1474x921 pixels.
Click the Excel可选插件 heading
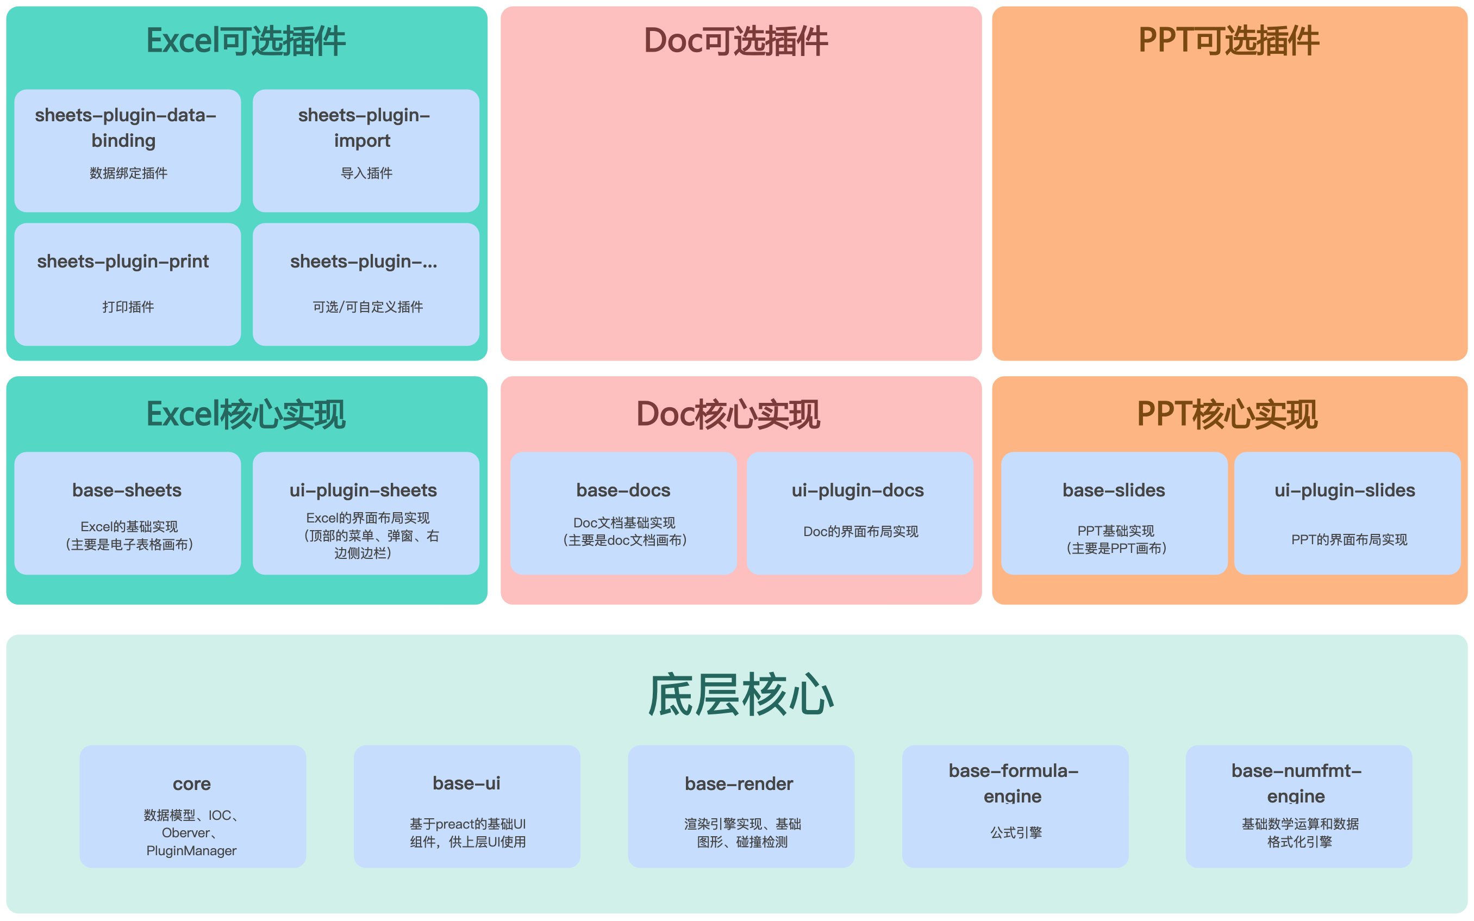(x=246, y=41)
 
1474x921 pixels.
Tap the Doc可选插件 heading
(x=735, y=41)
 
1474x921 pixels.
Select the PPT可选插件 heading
(x=1229, y=41)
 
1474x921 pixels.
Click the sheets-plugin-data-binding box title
(x=126, y=128)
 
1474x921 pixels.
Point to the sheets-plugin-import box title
(x=364, y=128)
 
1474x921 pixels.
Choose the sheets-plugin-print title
(x=123, y=262)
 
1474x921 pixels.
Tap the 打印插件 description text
(x=128, y=307)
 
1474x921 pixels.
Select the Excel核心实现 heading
(x=246, y=415)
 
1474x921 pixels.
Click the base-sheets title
(x=127, y=490)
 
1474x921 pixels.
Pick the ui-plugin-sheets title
(x=363, y=490)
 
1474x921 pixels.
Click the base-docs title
(x=623, y=490)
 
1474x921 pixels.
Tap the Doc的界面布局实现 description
(x=861, y=532)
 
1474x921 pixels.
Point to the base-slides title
(x=1114, y=490)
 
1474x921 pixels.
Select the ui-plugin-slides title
(x=1345, y=490)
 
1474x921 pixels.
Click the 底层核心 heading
(x=741, y=695)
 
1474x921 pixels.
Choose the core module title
(x=192, y=785)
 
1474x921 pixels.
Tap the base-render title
(x=739, y=784)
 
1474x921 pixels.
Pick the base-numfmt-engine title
(x=1297, y=784)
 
